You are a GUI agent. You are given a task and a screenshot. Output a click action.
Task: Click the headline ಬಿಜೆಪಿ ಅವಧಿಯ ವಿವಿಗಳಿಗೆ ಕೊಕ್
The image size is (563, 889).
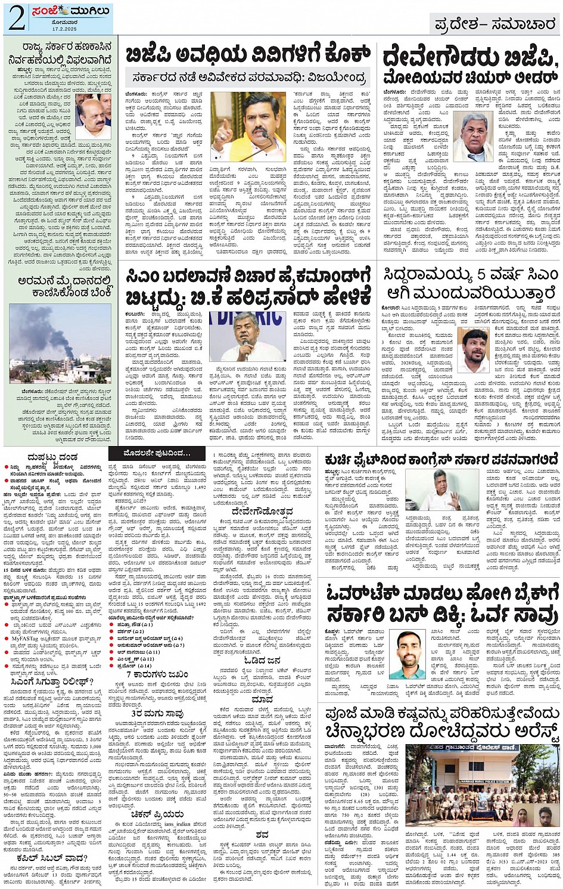pyautogui.click(x=247, y=55)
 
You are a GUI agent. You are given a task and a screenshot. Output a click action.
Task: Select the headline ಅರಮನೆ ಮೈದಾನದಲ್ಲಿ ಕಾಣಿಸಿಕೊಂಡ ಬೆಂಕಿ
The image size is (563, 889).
pyautogui.click(x=64, y=286)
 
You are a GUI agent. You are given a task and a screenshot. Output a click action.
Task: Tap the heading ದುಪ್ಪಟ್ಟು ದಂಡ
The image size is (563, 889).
pyautogui.click(x=52, y=457)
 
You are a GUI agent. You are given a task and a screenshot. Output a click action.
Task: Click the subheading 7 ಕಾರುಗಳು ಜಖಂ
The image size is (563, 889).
pyautogui.click(x=157, y=674)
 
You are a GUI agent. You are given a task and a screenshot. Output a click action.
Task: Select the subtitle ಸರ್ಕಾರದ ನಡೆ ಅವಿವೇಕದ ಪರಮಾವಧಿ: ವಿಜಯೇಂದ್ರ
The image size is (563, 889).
pyautogui.click(x=250, y=78)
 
